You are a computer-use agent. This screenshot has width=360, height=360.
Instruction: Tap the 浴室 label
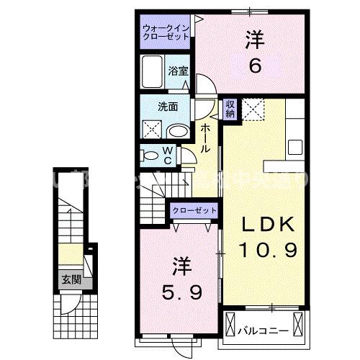click(179, 71)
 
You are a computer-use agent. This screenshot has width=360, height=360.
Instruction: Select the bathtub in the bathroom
click(153, 73)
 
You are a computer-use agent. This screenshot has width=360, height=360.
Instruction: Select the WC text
click(167, 156)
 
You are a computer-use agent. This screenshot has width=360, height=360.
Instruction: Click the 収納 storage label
click(230, 109)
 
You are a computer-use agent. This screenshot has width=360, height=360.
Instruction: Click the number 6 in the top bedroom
click(254, 66)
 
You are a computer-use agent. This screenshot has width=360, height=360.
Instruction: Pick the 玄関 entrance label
click(70, 279)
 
